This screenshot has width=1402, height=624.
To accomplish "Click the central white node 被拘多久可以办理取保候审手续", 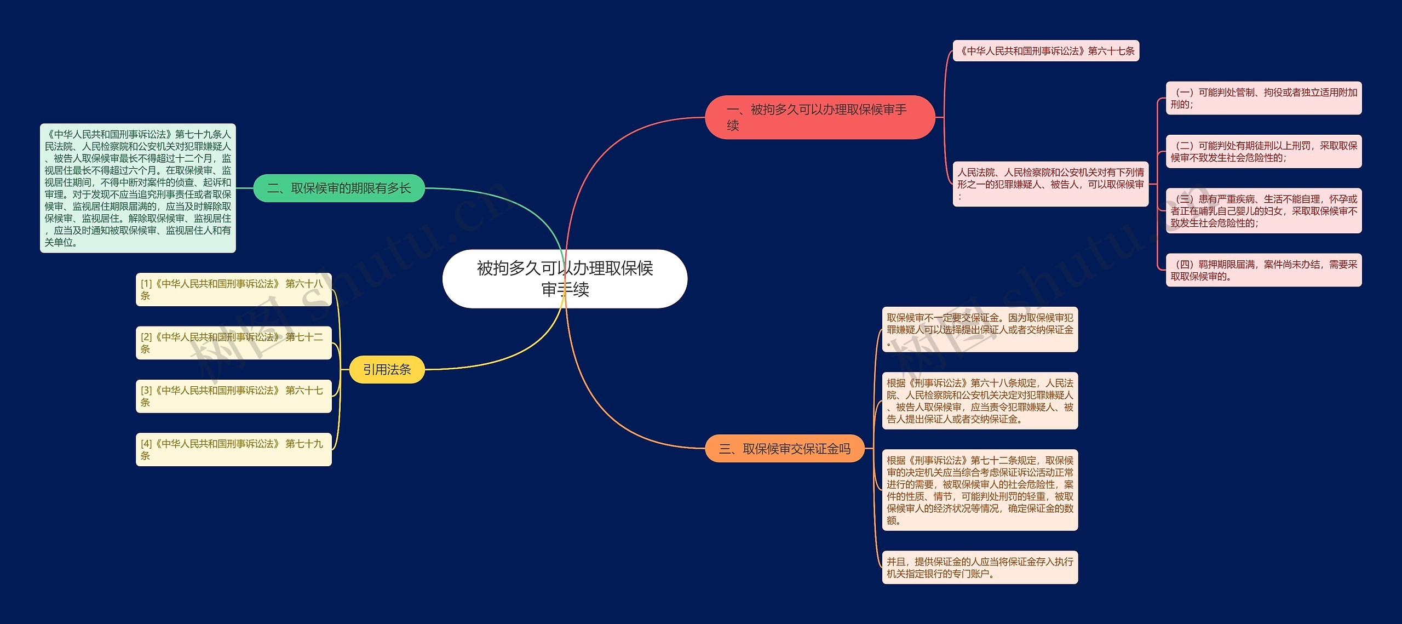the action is [565, 278].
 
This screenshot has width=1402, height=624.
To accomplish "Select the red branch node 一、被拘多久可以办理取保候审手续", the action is [819, 117].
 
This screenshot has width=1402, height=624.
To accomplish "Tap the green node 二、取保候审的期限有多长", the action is [339, 188].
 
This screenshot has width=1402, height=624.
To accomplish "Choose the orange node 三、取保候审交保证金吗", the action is [784, 449].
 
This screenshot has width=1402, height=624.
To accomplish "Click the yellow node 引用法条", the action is [387, 369].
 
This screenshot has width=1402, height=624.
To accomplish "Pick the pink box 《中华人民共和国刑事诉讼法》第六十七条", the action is [1046, 51].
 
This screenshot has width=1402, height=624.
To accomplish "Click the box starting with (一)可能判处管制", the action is [1263, 98].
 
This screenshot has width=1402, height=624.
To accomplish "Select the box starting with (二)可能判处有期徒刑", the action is [1263, 152].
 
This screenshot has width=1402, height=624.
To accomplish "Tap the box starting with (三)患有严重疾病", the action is [1263, 211].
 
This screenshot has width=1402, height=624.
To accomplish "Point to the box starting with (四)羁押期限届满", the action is [1263, 270].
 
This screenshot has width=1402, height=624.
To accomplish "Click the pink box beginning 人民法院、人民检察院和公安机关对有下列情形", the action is [1050, 184].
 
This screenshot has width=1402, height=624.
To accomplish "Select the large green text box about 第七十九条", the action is [138, 188].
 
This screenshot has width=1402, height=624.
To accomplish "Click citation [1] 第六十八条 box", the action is [234, 289].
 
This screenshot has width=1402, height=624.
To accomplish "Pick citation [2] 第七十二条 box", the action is [234, 342].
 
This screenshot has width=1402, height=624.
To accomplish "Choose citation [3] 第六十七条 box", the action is [234, 396].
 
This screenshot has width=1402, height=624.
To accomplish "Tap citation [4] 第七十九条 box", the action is [234, 449].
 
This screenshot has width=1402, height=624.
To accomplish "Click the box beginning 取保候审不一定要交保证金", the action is [980, 329].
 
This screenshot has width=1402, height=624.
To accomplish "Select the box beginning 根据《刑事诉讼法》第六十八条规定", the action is [980, 400].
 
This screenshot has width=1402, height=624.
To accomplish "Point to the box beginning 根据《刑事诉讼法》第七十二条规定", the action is [980, 490].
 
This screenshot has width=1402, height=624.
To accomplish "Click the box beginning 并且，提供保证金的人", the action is [980, 567].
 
